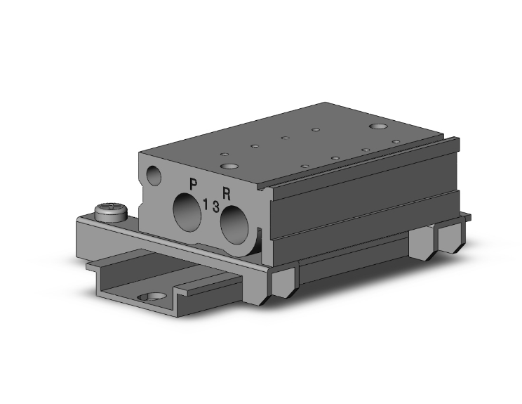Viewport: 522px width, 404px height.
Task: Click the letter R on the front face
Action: pyautogui.click(x=227, y=191)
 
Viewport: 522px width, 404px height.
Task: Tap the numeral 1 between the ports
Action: pyautogui.click(x=205, y=204)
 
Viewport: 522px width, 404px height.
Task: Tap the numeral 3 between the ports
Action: pyautogui.click(x=215, y=207)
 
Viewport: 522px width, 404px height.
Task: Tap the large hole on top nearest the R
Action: pyautogui.click(x=229, y=167)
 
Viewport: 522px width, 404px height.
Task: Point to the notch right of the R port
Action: pyautogui.click(x=260, y=235)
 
